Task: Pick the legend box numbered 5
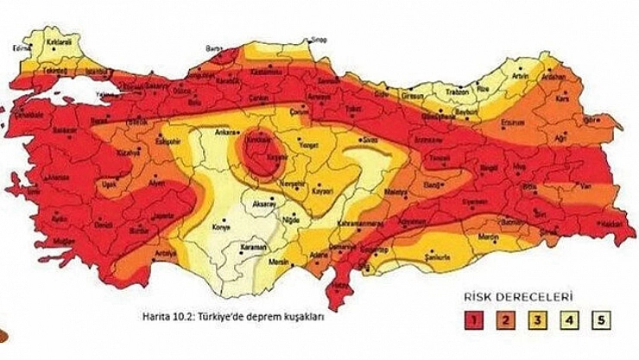(598, 321)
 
